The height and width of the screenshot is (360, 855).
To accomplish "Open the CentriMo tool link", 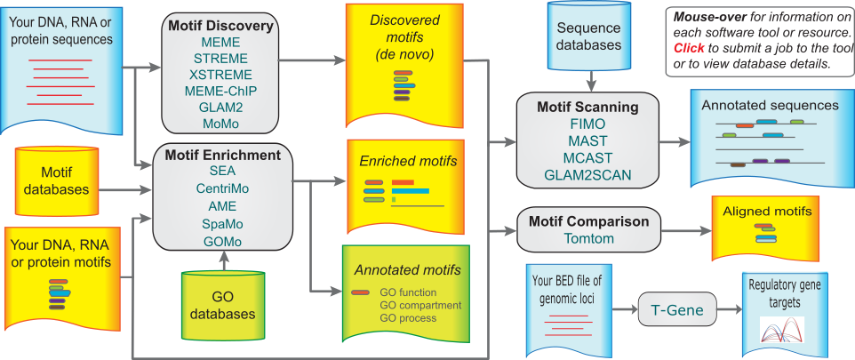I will point(222,188).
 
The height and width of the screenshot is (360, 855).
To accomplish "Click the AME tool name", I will point(222,206).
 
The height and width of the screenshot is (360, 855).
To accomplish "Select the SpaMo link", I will point(222,224).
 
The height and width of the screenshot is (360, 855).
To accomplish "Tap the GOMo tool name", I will point(222,242).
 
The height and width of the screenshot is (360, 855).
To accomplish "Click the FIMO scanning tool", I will point(587,125).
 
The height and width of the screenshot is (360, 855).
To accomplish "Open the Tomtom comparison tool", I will point(587,238).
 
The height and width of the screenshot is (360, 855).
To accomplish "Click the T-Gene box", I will point(675,310).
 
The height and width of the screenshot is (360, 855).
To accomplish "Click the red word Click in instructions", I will point(690,48).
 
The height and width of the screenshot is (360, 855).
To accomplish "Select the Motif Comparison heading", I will point(588,221).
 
